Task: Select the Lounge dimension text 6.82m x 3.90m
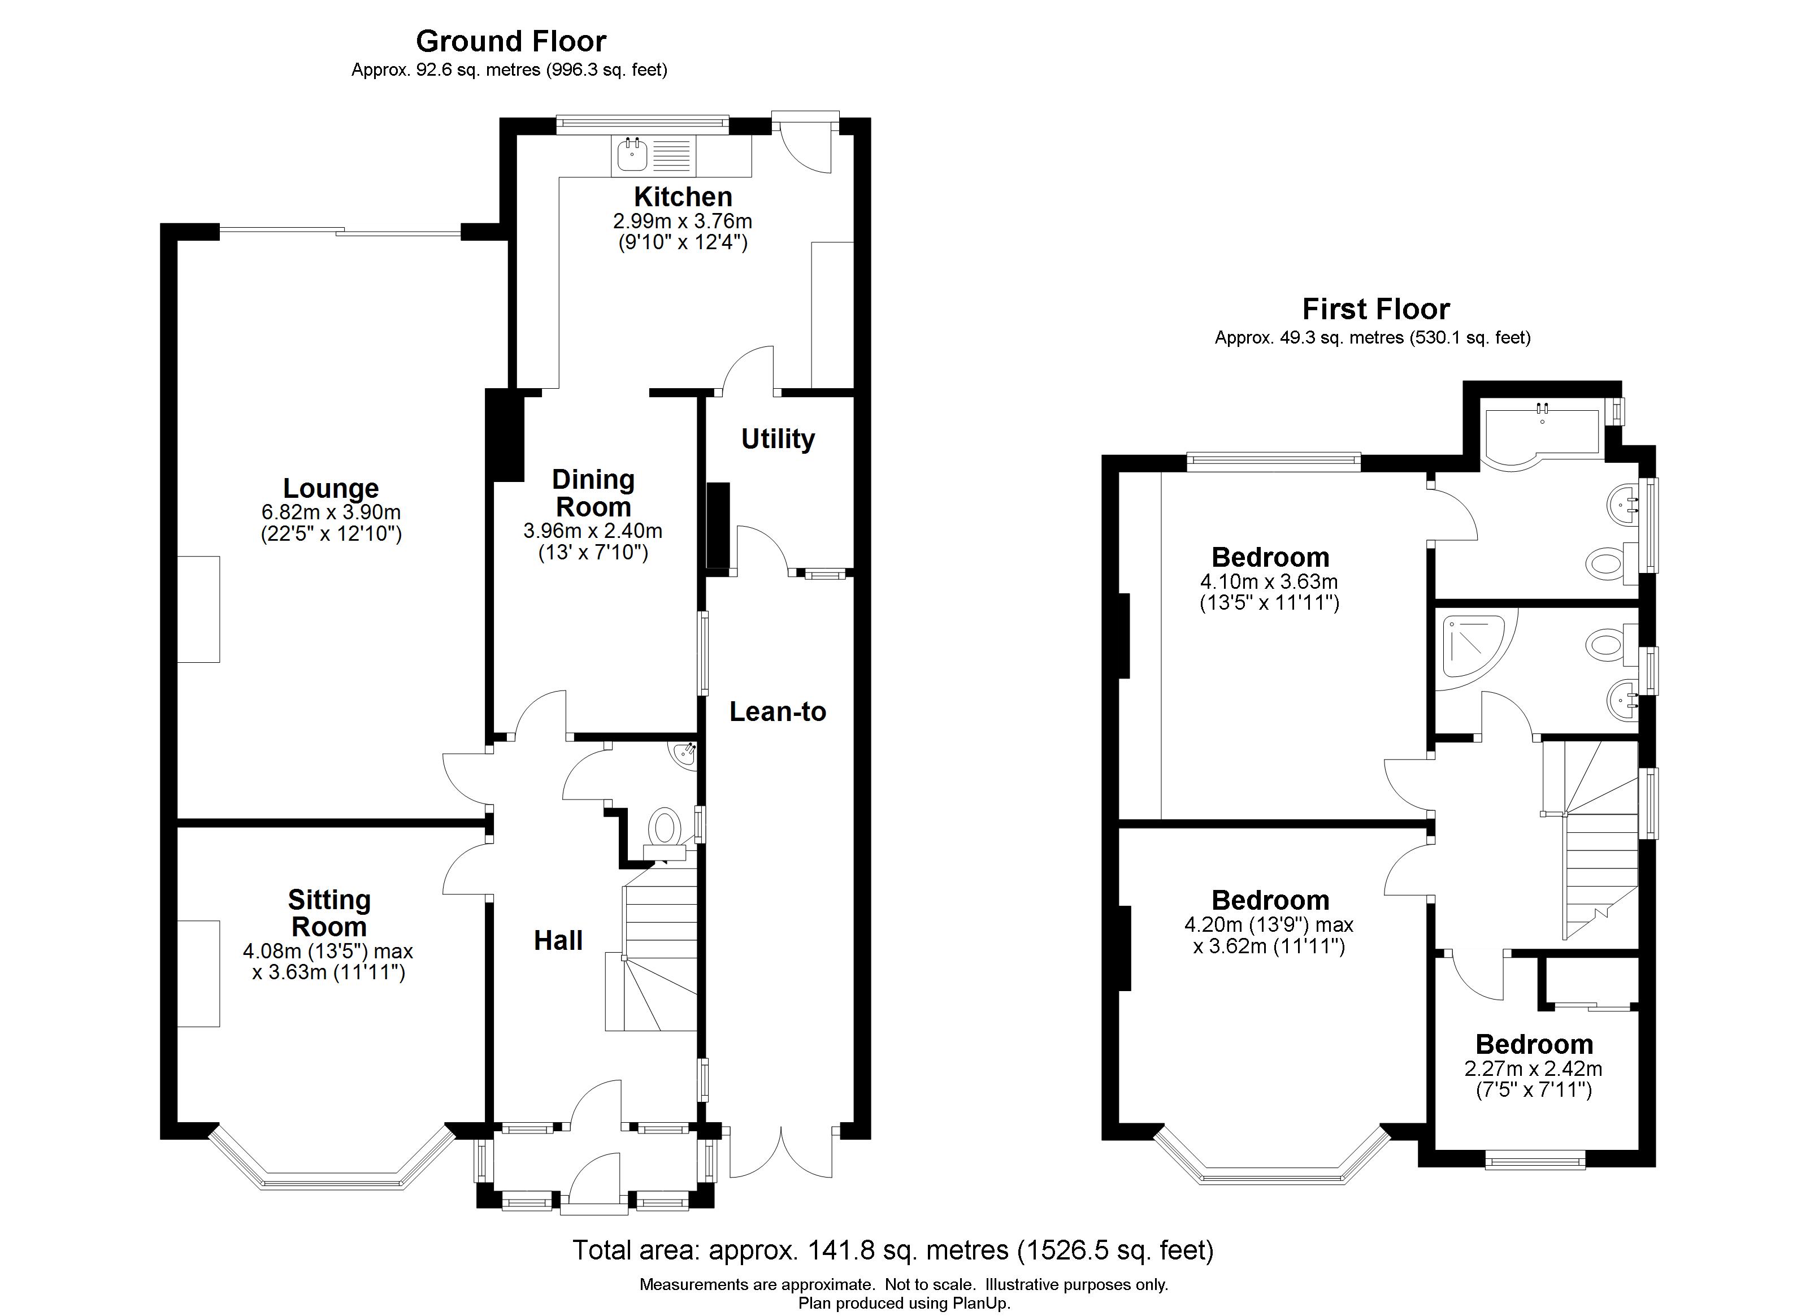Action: (x=331, y=512)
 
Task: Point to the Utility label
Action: (x=778, y=439)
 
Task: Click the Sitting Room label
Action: (x=329, y=913)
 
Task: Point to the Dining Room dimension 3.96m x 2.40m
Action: (x=593, y=531)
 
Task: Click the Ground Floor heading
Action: (x=511, y=41)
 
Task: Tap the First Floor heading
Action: (x=1376, y=309)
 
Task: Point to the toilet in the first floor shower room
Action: (x=1611, y=644)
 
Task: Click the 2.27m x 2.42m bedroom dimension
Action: (x=1533, y=1069)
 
